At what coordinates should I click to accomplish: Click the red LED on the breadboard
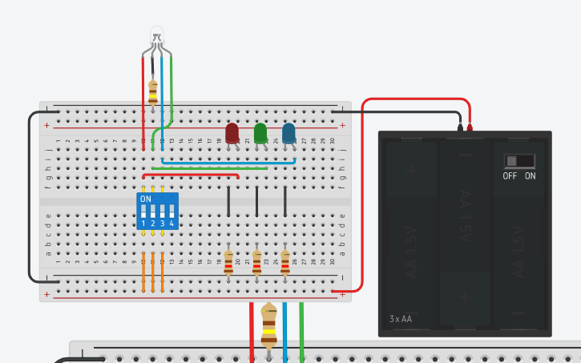click(x=232, y=133)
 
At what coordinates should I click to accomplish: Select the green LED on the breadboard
click(x=260, y=133)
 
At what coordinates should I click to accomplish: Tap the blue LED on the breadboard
click(x=288, y=133)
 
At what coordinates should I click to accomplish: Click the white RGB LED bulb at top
click(x=157, y=34)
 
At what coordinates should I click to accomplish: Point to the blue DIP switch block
click(x=158, y=211)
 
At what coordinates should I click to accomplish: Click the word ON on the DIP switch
click(x=145, y=199)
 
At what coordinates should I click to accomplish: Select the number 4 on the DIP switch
click(x=171, y=223)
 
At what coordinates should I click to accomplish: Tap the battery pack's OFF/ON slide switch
click(x=519, y=161)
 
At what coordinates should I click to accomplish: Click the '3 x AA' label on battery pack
click(x=400, y=319)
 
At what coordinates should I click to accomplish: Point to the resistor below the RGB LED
click(x=152, y=91)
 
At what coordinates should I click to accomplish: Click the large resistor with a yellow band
click(x=269, y=325)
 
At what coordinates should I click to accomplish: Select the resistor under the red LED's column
click(x=228, y=262)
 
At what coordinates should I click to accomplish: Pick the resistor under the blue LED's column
click(x=285, y=262)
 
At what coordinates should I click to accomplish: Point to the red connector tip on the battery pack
click(x=470, y=127)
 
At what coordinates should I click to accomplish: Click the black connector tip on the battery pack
click(x=460, y=127)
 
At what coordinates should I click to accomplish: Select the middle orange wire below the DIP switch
click(x=153, y=272)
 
